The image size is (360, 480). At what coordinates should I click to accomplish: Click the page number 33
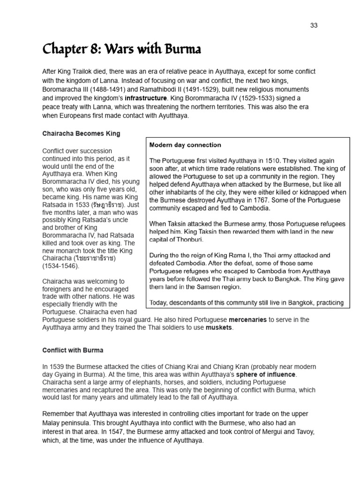click(314, 25)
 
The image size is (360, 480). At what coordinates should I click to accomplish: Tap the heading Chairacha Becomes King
click(81, 134)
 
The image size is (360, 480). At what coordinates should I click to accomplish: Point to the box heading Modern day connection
click(185, 145)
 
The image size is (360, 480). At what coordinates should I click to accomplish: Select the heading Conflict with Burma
click(73, 350)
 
